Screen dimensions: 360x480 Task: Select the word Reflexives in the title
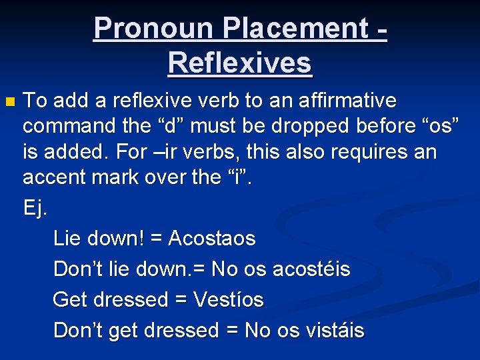tap(240, 63)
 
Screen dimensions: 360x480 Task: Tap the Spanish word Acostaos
tap(212, 238)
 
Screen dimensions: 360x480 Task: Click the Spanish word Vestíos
tap(228, 299)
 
